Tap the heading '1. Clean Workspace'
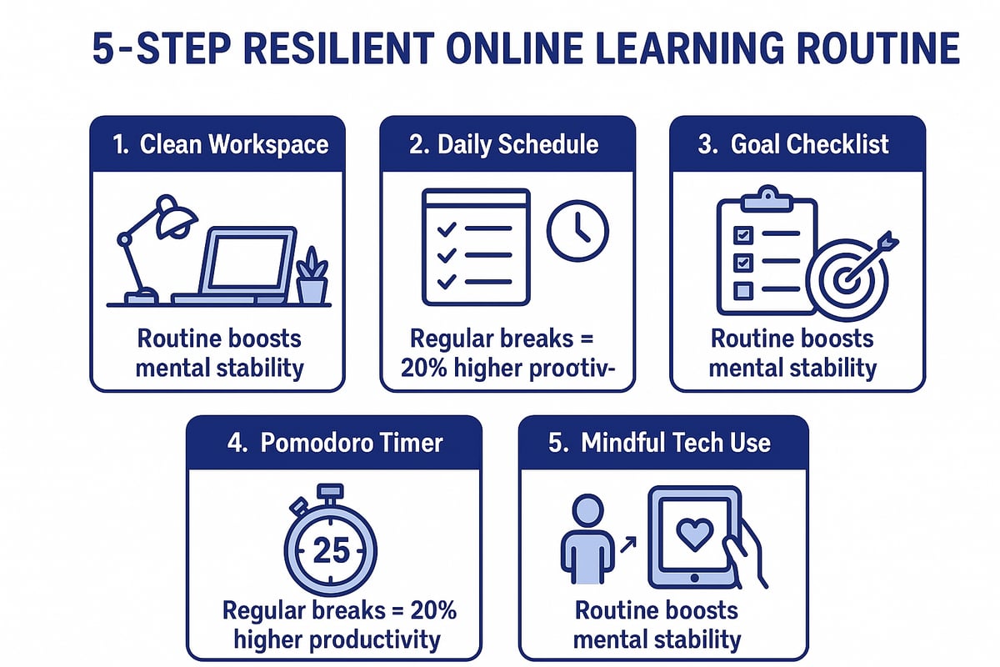pos(220,144)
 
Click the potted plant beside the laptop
pos(312,276)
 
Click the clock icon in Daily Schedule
pos(577,230)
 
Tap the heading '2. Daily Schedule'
pos(504,144)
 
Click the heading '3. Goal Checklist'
pos(793,144)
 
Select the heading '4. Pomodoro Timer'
pos(333,442)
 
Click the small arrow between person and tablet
pos(627,544)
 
